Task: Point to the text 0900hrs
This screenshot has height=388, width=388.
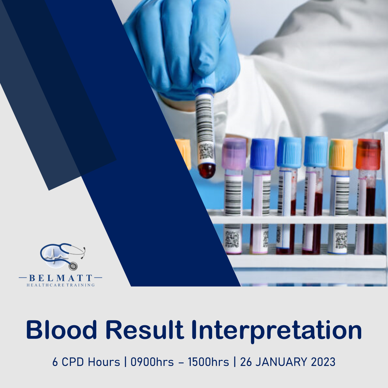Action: pos(152,361)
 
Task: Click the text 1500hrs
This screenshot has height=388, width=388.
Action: pos(209,361)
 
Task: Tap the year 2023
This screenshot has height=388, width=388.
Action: pos(323,361)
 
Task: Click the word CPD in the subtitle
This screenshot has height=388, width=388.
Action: pos(73,361)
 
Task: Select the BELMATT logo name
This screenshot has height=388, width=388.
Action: pos(60,278)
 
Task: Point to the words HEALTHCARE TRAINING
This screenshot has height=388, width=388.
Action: pos(60,285)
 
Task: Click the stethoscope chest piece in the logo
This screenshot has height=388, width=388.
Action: pos(73,266)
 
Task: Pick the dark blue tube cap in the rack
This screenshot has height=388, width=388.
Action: pos(262,154)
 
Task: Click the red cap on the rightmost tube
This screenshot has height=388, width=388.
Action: pos(368,154)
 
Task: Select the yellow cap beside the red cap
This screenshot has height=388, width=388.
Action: pos(341,154)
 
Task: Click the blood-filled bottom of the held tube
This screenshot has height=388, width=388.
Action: pos(207,171)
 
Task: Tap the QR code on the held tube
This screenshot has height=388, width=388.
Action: pos(206,151)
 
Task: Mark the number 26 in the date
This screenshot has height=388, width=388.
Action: pos(246,361)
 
